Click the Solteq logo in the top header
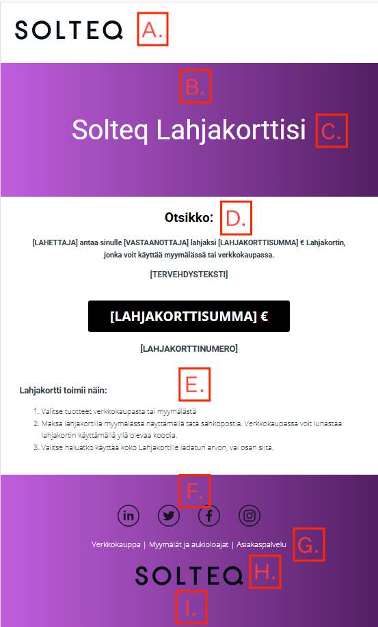coord(69,29)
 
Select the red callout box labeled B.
coord(195,87)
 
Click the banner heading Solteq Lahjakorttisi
coord(189,130)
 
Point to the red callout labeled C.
coord(332,130)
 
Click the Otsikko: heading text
coord(189,218)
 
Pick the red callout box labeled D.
coord(236,218)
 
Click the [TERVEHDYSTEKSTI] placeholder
coord(189,275)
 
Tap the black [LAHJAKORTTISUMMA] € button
coord(189,316)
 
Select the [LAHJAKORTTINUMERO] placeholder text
coord(189,348)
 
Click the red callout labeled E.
coord(195,385)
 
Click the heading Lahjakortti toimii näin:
coord(64,391)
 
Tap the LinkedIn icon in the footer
coord(129,516)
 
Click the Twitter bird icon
coord(169,516)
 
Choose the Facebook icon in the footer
coord(209,516)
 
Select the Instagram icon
coord(249,516)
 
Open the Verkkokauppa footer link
coord(116,544)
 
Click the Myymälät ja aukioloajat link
coord(189,544)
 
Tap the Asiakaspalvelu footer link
coord(260,544)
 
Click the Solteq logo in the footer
coord(189,575)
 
